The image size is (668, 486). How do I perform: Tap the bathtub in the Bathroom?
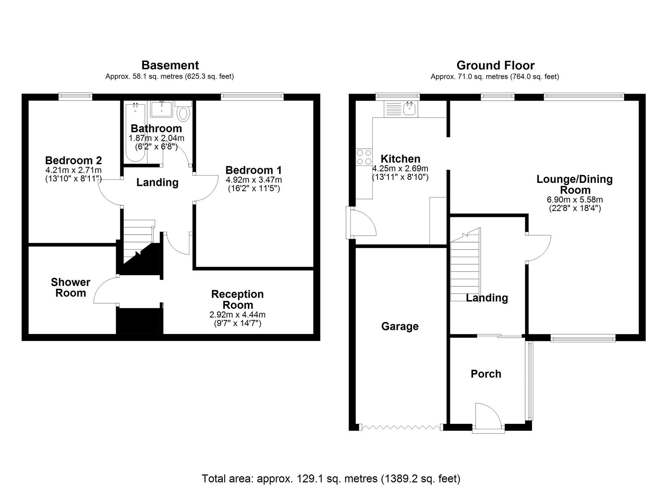[x=135, y=132]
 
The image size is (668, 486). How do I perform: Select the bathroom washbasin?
[x=162, y=109]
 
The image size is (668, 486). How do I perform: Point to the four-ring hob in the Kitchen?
[x=364, y=157]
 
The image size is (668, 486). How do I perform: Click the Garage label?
[x=400, y=326]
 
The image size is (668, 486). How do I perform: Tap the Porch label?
[x=486, y=374]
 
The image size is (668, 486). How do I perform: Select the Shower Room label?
[x=70, y=287]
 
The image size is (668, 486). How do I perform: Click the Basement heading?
[x=170, y=65]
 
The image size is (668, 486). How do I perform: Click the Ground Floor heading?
[x=495, y=65]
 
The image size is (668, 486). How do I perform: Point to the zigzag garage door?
[x=401, y=427]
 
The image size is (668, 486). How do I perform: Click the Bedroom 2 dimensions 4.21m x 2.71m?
[x=73, y=170]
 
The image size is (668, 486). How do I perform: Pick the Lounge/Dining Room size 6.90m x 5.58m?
[x=574, y=200]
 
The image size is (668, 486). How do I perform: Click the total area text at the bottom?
[x=331, y=479]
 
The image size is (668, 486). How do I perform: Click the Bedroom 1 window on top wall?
[x=252, y=97]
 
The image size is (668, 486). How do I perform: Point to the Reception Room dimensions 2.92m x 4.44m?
[x=237, y=315]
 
